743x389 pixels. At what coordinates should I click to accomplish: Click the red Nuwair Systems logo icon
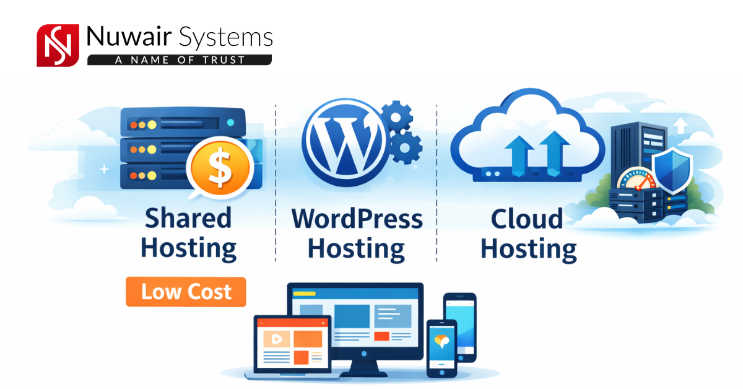click(x=58, y=45)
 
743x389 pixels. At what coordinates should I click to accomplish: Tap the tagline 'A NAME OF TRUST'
click(x=180, y=60)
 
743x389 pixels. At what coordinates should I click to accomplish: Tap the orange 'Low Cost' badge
click(x=186, y=292)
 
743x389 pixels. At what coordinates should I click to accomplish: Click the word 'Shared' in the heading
click(x=188, y=218)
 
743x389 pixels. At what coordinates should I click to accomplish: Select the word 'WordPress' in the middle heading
click(x=357, y=219)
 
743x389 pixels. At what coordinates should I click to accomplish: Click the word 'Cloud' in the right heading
click(x=527, y=219)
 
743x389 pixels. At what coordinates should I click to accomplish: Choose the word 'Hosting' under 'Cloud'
click(x=529, y=249)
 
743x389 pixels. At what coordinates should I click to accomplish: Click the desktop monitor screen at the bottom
click(x=355, y=316)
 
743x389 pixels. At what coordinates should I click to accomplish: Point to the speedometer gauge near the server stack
click(x=634, y=179)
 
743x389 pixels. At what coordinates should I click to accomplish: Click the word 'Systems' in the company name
click(x=225, y=37)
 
